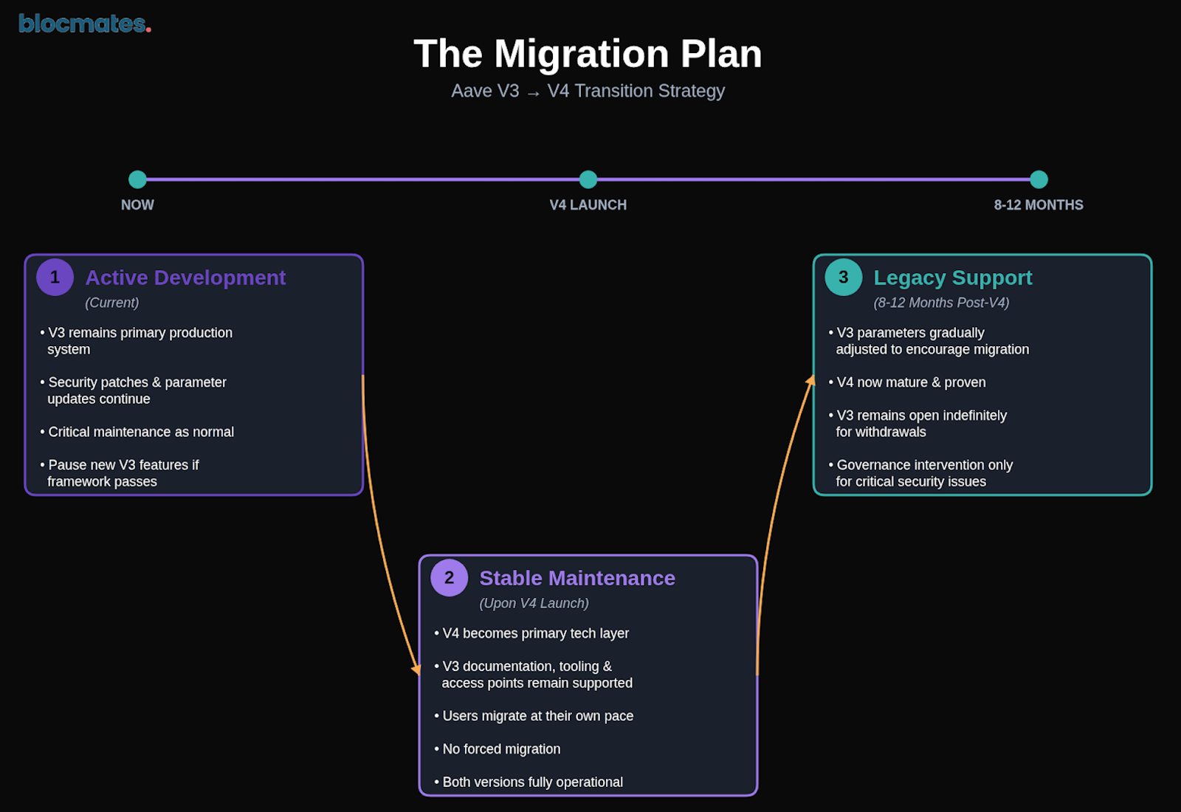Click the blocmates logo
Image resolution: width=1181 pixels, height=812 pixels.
point(84,24)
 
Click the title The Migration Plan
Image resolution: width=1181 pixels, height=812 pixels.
point(588,54)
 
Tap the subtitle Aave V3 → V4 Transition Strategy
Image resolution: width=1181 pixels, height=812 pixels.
point(588,91)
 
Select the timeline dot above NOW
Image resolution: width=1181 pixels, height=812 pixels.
point(137,179)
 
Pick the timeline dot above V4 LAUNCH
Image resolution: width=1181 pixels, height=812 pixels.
point(588,179)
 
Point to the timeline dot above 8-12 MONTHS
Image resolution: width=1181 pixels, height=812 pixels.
point(1039,179)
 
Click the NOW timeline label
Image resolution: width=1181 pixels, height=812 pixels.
point(137,205)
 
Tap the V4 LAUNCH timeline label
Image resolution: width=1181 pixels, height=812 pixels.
point(588,205)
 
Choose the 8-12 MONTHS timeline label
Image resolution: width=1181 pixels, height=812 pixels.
point(1038,205)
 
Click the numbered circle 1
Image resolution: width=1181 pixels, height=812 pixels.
point(55,278)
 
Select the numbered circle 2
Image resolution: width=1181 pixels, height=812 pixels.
point(449,578)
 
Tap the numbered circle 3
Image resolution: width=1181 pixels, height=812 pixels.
point(843,278)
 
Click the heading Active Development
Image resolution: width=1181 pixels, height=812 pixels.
point(185,278)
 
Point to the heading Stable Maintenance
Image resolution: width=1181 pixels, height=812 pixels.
point(577,578)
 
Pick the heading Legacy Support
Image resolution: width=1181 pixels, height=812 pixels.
point(952,278)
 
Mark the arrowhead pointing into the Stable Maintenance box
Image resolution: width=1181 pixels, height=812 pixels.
point(417,668)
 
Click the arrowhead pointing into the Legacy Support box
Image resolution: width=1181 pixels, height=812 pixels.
point(810,381)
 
